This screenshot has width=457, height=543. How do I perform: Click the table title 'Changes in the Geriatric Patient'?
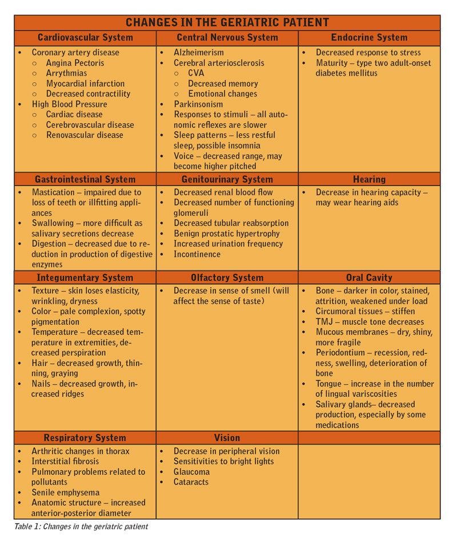[227, 23]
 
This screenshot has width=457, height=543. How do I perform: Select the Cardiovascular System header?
[85, 38]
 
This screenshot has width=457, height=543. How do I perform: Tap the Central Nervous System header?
[227, 38]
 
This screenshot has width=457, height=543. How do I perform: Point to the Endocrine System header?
[369, 38]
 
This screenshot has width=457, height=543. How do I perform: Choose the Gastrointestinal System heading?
[85, 179]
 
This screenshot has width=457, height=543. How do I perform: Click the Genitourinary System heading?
[227, 179]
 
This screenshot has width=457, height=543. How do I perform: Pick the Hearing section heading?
[369, 179]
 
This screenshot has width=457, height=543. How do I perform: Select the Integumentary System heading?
[85, 277]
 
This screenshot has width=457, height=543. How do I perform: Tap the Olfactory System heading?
[227, 277]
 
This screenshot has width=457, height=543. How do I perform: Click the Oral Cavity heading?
[369, 277]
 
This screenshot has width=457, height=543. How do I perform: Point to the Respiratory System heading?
[85, 438]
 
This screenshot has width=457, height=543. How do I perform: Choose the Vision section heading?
[227, 438]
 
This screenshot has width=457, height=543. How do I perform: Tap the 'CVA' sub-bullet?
[196, 73]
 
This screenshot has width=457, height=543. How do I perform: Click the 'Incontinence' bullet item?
[197, 254]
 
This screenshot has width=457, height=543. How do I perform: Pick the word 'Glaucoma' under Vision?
[191, 472]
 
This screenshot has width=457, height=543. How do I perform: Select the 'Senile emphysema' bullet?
[65, 492]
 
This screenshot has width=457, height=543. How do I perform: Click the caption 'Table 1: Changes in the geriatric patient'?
[81, 526]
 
